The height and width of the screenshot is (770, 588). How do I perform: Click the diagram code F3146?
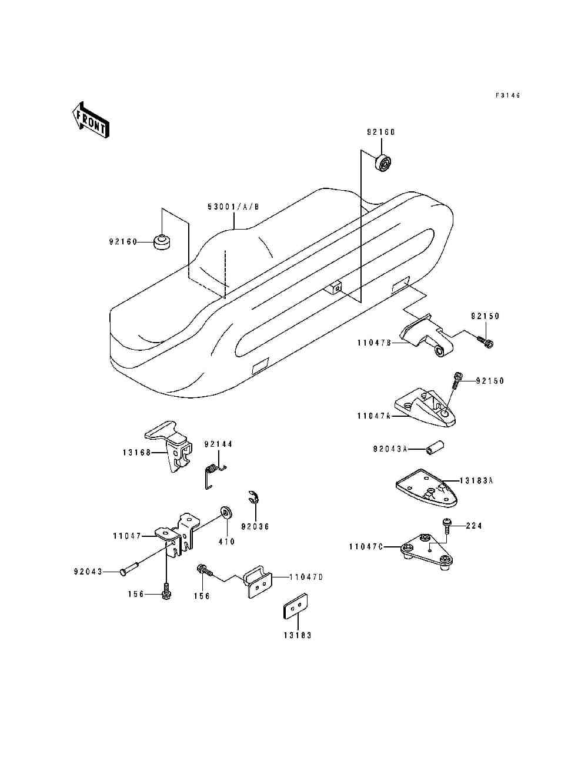click(507, 95)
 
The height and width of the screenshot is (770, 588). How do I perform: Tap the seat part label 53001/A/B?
click(233, 207)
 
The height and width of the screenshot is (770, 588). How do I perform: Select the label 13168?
click(137, 453)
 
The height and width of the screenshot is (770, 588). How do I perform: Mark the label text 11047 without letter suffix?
click(127, 536)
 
